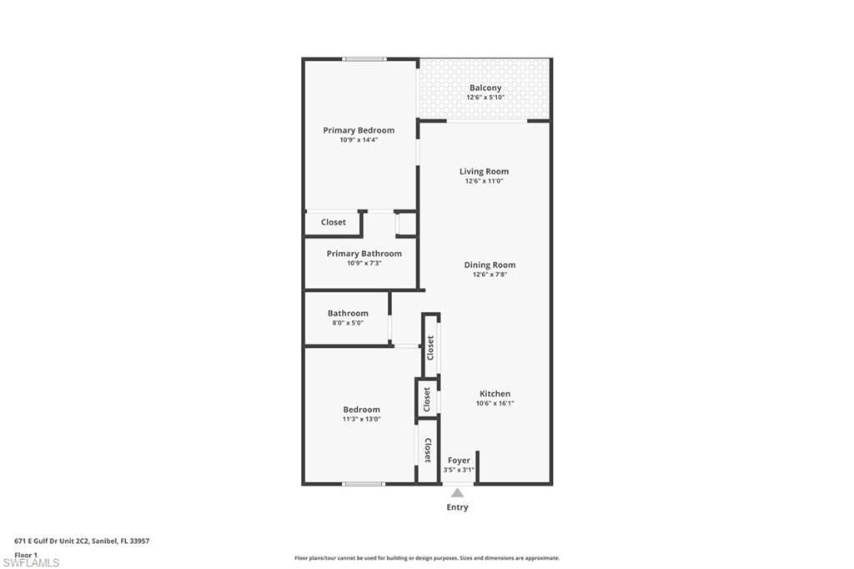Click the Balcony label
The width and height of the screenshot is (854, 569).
click(x=485, y=88)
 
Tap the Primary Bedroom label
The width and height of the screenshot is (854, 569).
click(x=359, y=130)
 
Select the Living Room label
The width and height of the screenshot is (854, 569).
click(x=484, y=172)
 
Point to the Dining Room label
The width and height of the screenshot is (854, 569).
click(x=490, y=265)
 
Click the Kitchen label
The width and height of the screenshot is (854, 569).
click(x=495, y=394)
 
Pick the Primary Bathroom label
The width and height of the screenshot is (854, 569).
click(x=364, y=254)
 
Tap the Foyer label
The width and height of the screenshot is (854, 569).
click(x=459, y=461)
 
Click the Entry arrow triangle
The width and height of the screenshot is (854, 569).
click(x=457, y=493)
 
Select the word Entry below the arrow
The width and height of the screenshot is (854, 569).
click(x=457, y=507)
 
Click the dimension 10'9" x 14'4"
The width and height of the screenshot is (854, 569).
click(x=359, y=140)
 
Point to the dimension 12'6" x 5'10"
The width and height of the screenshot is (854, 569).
click(x=485, y=98)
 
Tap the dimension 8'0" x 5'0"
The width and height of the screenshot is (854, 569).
click(x=348, y=323)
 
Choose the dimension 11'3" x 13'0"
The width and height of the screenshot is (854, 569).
click(x=361, y=420)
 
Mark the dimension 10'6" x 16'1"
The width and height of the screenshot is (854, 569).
click(x=495, y=404)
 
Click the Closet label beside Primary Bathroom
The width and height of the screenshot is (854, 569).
click(x=334, y=223)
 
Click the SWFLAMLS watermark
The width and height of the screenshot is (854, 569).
click(x=31, y=563)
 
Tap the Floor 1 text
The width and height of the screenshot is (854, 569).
click(x=26, y=555)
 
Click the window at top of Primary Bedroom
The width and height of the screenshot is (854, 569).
click(x=364, y=59)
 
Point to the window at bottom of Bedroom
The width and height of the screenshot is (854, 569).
click(x=364, y=484)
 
